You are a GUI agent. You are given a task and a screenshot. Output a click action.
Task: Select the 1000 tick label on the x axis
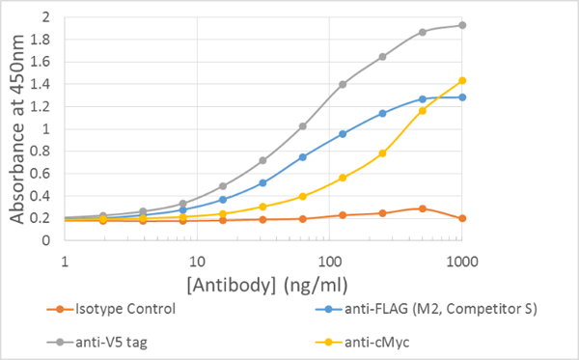tap(462, 260)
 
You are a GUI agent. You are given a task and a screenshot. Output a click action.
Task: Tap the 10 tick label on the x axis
tap(197, 260)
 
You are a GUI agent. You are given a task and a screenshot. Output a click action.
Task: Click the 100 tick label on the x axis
tap(329, 260)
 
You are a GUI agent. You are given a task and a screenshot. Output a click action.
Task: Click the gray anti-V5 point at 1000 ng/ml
tap(462, 25)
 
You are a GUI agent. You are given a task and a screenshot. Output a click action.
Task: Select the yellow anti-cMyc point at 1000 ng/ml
tap(462, 80)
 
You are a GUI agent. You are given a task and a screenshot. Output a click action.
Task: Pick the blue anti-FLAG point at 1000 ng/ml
tap(462, 97)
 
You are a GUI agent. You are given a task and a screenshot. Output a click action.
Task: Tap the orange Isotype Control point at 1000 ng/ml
tap(462, 218)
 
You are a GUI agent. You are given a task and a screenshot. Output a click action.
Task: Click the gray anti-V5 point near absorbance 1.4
tap(343, 84)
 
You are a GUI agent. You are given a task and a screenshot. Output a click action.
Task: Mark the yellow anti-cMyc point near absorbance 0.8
tap(382, 153)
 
